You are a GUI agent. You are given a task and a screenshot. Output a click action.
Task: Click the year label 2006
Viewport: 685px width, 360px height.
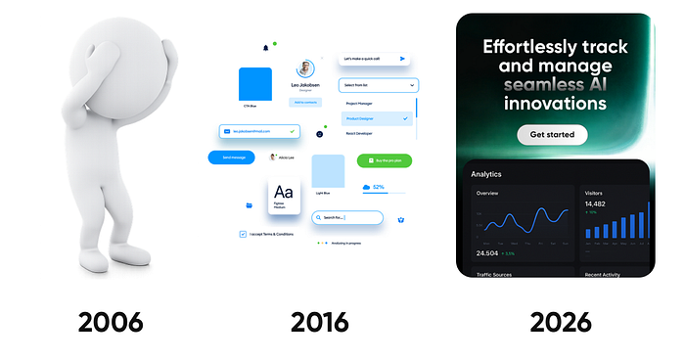111,320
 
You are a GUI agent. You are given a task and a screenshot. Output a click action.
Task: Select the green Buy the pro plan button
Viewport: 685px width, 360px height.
384,160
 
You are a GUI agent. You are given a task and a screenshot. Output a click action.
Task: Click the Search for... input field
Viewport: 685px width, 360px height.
347,217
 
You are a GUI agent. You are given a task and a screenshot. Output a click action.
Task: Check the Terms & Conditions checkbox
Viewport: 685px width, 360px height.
243,235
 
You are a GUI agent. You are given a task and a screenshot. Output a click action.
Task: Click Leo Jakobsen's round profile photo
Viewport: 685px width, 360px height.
306,69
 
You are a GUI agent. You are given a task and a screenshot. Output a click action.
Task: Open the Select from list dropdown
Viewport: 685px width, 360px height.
379,85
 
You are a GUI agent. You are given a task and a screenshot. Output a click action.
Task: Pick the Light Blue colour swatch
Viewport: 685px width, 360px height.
328,170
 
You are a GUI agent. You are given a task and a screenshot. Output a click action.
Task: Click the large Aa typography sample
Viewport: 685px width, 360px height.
284,192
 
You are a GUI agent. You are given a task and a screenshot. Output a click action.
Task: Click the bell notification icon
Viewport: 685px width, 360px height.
265,47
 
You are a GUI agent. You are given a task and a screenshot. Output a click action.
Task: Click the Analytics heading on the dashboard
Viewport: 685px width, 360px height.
486,174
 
